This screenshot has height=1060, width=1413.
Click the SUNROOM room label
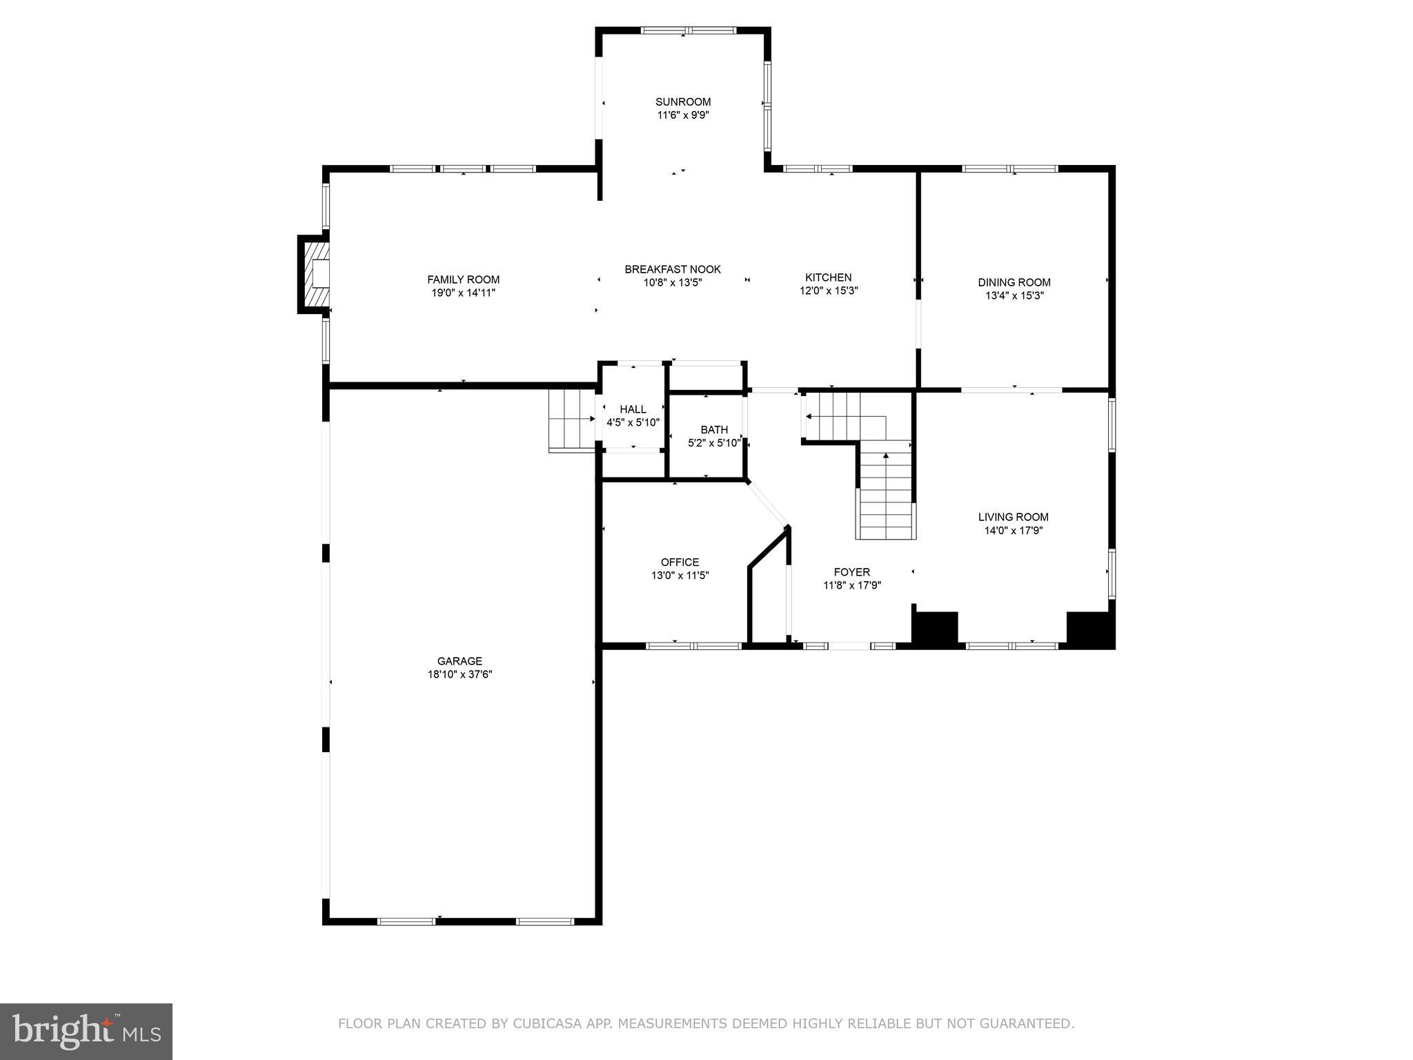[x=682, y=102]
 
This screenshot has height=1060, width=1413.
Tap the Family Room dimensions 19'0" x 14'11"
[x=463, y=293]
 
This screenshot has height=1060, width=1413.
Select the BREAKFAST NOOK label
[x=673, y=269]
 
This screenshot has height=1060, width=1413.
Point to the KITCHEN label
[x=828, y=277]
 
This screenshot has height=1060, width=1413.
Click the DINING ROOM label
[x=1014, y=282]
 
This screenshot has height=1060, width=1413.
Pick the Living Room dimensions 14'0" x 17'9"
[x=1013, y=531]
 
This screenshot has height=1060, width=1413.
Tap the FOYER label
[x=851, y=572]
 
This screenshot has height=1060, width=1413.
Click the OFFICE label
[x=680, y=562]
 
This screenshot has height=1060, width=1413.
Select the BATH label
[x=714, y=430]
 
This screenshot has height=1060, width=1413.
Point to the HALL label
[x=633, y=409]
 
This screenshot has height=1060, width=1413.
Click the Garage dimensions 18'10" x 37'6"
[x=460, y=674]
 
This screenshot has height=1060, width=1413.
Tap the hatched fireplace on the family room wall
[x=315, y=274]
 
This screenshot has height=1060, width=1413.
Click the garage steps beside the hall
[x=572, y=420]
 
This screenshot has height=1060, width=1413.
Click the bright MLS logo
[x=86, y=1031]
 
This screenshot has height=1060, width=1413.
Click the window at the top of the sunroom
[x=688, y=30]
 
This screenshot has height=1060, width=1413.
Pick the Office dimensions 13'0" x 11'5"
[x=680, y=576]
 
